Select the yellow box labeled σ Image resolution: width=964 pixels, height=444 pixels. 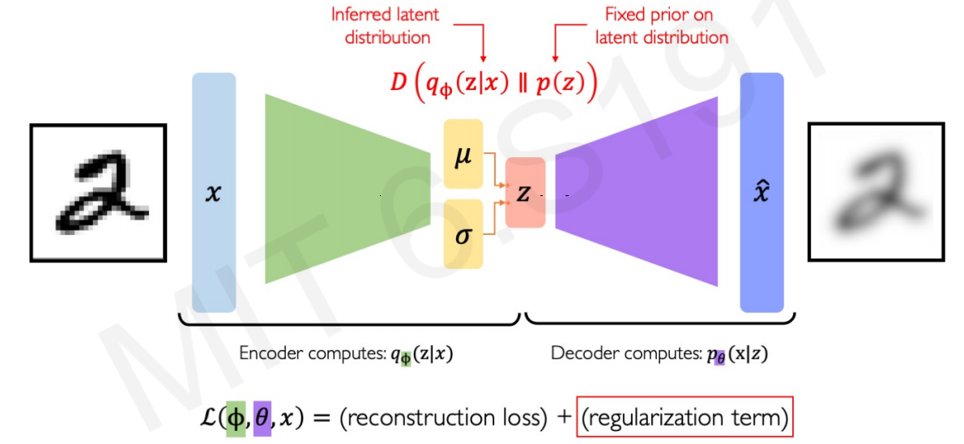(x=463, y=235)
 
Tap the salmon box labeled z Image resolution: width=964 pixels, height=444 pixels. (x=525, y=193)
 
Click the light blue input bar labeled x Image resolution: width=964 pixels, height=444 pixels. (x=214, y=193)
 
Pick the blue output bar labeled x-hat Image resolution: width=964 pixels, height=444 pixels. (x=761, y=193)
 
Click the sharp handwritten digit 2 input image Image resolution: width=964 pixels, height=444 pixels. (x=98, y=192)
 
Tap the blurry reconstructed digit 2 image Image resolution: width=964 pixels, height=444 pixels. (x=877, y=192)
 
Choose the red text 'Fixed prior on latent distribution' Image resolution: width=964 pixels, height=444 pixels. (x=662, y=24)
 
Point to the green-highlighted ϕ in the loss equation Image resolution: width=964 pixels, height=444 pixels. (x=236, y=418)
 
